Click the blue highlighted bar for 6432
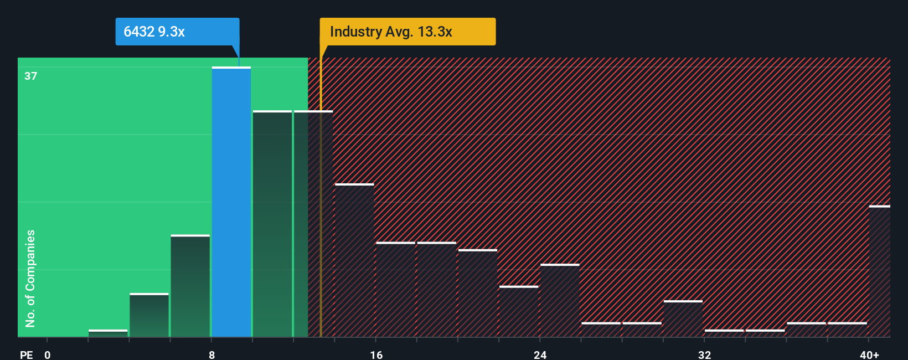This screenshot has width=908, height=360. point(231,202)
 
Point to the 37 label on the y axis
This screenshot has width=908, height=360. point(31,76)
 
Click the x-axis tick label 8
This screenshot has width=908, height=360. point(211,354)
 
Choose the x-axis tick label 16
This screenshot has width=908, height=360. point(376,354)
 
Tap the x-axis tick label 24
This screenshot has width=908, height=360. point(540,354)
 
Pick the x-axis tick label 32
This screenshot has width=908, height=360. point(704,354)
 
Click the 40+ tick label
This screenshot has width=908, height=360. point(869,354)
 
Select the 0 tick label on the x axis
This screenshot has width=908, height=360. point(48,354)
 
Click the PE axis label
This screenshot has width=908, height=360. point(27,354)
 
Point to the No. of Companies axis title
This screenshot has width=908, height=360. point(30,278)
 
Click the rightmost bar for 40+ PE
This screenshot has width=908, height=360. point(879,271)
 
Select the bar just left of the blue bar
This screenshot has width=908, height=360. point(190,286)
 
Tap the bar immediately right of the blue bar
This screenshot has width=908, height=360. point(272,224)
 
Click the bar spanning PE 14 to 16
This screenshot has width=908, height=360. point(354,260)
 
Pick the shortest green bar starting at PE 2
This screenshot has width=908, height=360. point(108,333)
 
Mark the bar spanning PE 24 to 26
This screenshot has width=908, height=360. point(560,301)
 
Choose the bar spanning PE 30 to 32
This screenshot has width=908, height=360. point(683,319)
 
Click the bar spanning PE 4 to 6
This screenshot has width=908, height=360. point(149,315)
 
